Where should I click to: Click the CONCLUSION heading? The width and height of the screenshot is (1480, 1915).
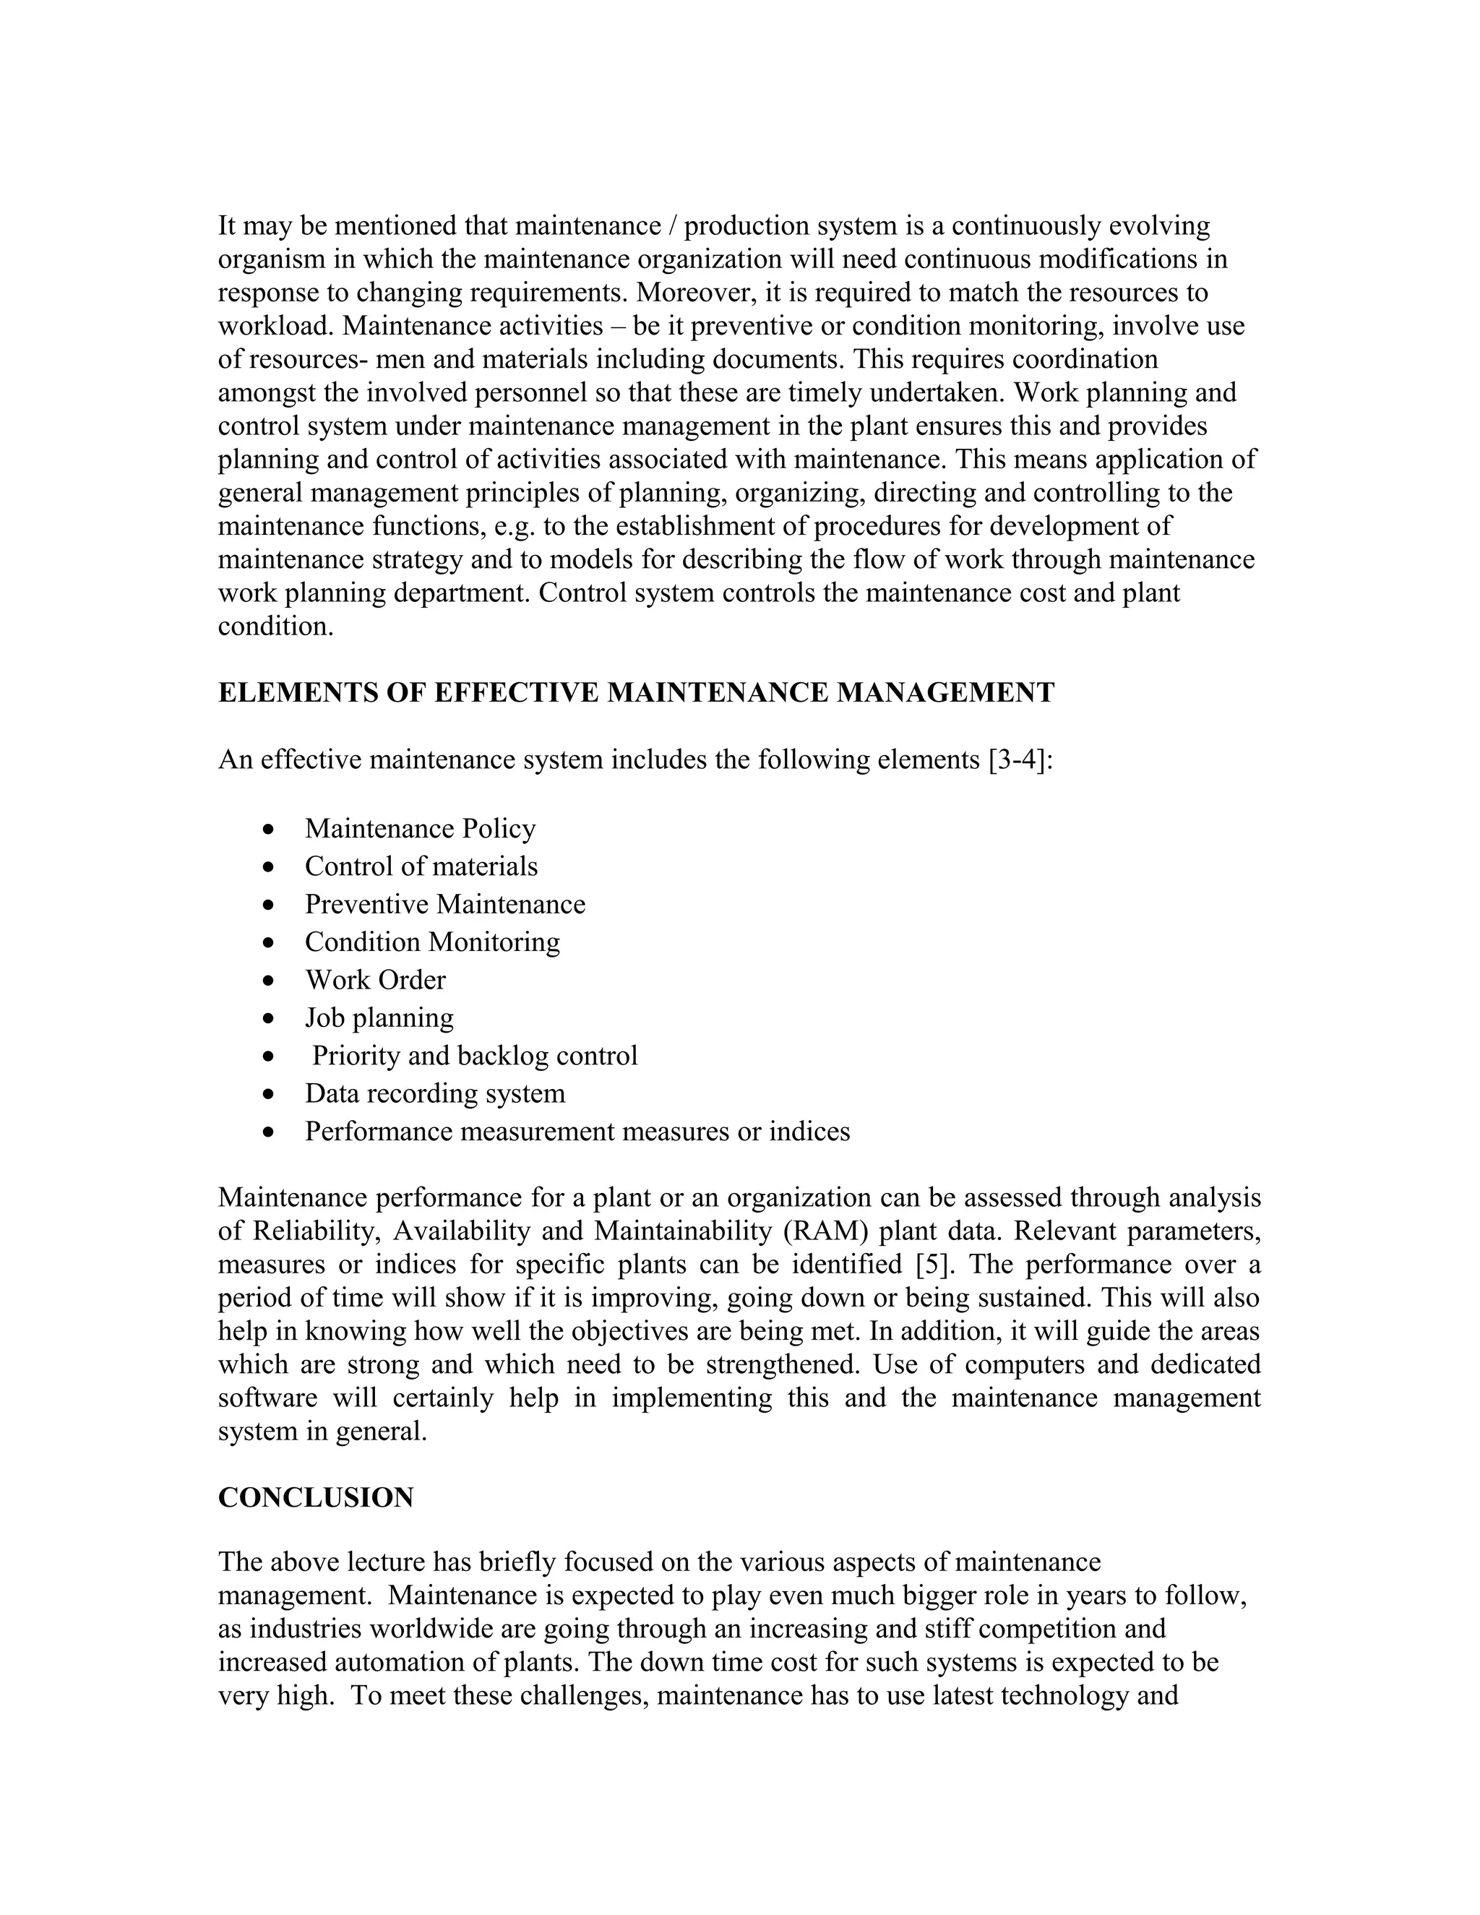point(316,1497)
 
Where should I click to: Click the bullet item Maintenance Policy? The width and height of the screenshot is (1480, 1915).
point(420,829)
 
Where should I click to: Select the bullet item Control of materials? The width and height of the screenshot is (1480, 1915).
point(421,866)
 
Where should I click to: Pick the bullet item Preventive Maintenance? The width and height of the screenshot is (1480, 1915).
point(444,904)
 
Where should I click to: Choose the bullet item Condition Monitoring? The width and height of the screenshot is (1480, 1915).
point(432,942)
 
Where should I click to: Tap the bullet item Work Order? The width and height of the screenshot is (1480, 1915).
point(375,979)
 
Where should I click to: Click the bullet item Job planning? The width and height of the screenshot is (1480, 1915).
point(379,1017)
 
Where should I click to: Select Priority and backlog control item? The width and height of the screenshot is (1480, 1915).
point(474,1055)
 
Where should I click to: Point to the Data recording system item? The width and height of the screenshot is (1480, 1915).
point(435,1093)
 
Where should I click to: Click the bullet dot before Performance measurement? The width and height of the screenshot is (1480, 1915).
point(268,1132)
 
